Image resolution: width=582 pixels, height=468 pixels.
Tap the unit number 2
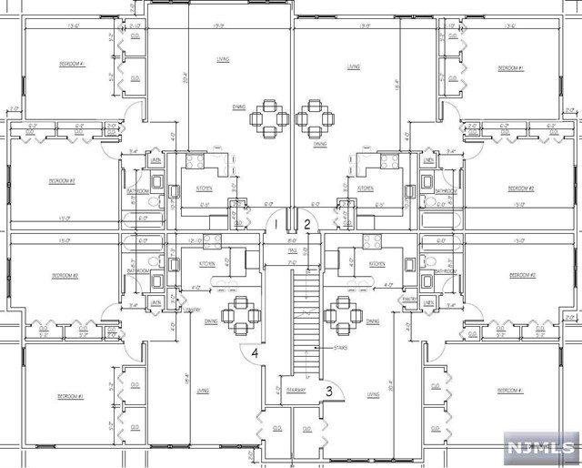coord(307,224)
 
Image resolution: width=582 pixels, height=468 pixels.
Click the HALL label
coord(293,249)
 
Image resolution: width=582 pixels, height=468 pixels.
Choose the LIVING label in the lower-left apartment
coord(202,390)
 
